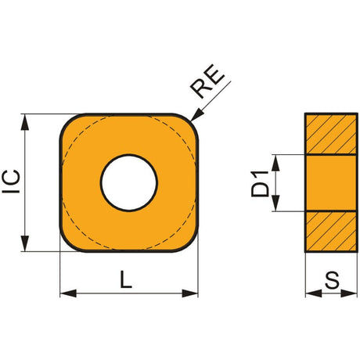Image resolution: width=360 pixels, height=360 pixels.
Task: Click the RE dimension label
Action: coord(207,81)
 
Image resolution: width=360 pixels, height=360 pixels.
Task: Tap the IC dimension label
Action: coord(11,182)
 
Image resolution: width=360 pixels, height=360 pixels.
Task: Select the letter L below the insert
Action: coord(126,279)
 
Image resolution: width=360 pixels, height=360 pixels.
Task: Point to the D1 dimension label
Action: coord(260,184)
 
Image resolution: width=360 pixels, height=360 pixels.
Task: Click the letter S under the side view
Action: coord(332,280)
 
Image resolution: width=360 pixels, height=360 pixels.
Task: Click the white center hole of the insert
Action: coord(129,182)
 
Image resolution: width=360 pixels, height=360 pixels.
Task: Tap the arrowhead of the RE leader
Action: coord(197,115)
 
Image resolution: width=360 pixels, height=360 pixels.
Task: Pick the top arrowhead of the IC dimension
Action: coord(25,122)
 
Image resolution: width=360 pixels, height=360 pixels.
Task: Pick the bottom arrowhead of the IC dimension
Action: coord(25,243)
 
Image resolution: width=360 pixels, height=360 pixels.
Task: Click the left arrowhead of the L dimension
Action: coord(68,293)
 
